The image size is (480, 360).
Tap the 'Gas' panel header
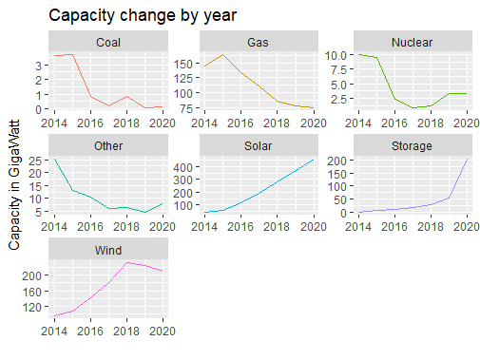pyautogui.click(x=257, y=43)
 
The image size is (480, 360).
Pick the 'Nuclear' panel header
pyautogui.click(x=412, y=43)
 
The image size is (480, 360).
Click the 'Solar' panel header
pyautogui.click(x=257, y=145)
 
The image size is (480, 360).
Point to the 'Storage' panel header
pyautogui.click(x=412, y=145)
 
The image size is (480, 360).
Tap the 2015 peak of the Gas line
pyautogui.click(x=221, y=54)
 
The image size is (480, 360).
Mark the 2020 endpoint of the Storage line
pyautogui.click(x=466, y=160)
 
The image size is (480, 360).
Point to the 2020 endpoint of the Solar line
pyautogui.click(x=311, y=160)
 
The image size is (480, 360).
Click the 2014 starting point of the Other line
pyautogui.click(x=54, y=159)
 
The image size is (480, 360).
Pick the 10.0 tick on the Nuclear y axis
pyautogui.click(x=339, y=55)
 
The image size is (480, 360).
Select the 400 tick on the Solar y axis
pyautogui.click(x=184, y=167)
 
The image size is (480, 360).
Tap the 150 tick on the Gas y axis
pyautogui.click(x=184, y=63)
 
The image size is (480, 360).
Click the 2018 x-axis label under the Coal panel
pyautogui.click(x=127, y=123)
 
